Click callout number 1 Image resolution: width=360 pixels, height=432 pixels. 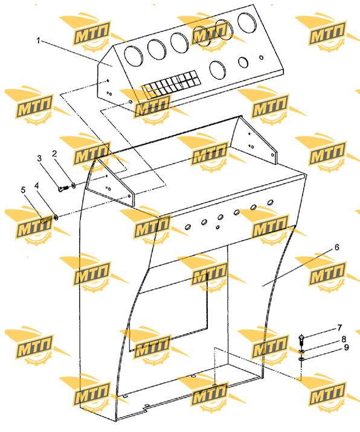[x=39, y=40]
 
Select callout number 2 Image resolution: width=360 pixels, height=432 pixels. [x=54, y=153]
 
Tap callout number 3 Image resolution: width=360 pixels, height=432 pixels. [x=40, y=158]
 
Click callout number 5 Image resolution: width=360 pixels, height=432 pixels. [x=23, y=190]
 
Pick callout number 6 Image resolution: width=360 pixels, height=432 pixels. [x=336, y=247]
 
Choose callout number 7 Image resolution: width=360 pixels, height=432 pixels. [x=339, y=327]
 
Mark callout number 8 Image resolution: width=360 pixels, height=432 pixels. [x=344, y=338]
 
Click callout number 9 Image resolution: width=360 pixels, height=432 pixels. [x=346, y=347]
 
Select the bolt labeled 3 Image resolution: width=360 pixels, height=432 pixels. [x=63, y=189]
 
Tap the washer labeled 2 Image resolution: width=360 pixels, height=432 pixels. [x=74, y=185]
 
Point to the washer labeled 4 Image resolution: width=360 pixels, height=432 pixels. [x=56, y=218]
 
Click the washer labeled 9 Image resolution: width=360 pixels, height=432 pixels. [x=301, y=359]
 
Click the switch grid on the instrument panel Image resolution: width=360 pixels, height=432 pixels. [x=172, y=85]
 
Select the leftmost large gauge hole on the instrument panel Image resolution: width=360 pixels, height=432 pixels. [x=134, y=56]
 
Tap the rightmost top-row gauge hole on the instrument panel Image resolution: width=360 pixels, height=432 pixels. [x=247, y=22]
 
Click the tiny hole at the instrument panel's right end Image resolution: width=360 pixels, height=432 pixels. [x=262, y=58]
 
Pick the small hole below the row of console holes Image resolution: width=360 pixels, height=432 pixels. [x=218, y=227]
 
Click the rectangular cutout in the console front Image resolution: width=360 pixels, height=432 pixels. [x=168, y=311]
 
